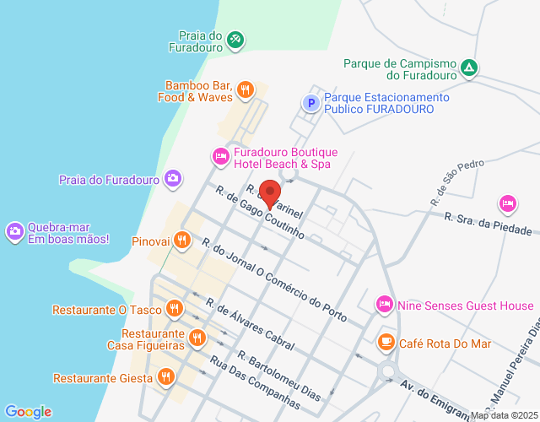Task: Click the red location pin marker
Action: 270,194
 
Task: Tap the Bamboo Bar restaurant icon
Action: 246,89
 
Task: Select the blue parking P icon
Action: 311,103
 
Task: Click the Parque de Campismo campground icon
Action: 470,68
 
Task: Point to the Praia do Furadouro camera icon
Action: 173,178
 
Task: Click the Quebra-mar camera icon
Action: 14,230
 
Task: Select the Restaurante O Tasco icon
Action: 175,308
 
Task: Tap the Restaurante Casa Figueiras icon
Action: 197,338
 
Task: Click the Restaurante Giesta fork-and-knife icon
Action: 165,376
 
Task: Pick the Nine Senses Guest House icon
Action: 384,304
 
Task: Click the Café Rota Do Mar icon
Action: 386,342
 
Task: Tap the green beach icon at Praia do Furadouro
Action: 235,39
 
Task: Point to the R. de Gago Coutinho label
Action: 259,214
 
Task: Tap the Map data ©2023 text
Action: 504,415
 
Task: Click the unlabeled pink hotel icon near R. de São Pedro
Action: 507,203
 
